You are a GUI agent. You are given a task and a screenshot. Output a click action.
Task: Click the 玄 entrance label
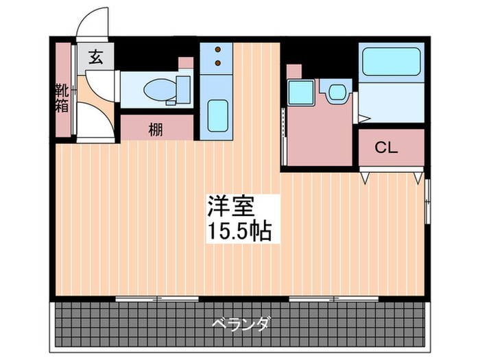coord(96,58)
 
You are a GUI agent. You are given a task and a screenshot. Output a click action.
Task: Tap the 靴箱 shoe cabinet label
coord(62,98)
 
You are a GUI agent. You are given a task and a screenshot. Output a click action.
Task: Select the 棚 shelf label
coord(156,128)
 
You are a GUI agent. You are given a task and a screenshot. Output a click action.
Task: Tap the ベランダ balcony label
coord(240,323)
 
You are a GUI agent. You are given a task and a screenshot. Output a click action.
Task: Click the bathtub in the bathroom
coord(392,62)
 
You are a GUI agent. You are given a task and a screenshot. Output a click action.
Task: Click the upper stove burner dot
coord(218,50)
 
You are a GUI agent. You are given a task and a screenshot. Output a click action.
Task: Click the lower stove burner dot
coord(218,63)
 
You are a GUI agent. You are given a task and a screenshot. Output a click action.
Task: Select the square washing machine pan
coord(300,93)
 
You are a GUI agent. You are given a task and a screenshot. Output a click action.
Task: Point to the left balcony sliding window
coord(158,299)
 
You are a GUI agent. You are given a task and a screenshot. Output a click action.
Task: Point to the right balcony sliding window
coord(334,299)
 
